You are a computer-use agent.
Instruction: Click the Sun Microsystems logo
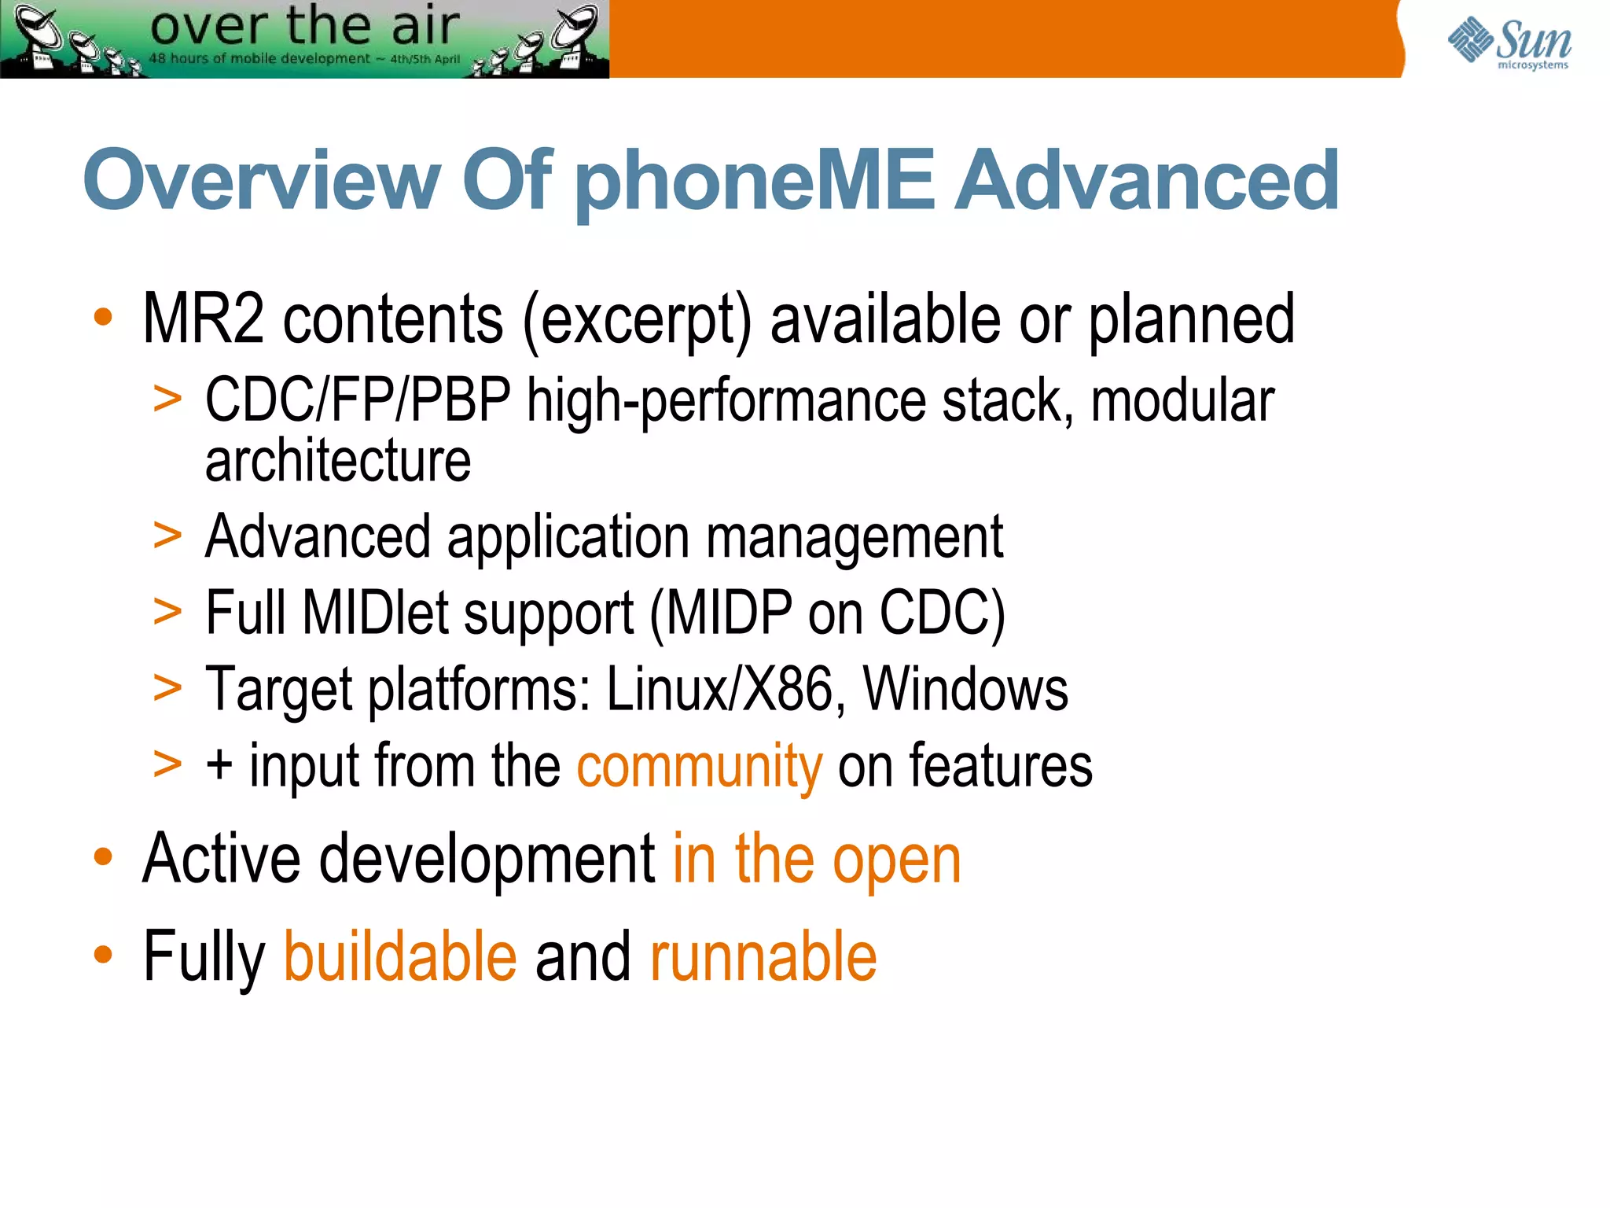tap(1509, 43)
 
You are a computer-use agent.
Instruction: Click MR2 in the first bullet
tap(203, 319)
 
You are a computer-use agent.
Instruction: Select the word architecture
tap(338, 461)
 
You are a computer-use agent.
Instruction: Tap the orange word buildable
tap(400, 957)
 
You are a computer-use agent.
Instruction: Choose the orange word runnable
tap(763, 957)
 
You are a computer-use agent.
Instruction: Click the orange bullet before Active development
tap(103, 857)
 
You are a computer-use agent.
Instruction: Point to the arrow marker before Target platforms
tap(167, 687)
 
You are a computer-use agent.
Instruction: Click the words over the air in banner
tap(304, 25)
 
